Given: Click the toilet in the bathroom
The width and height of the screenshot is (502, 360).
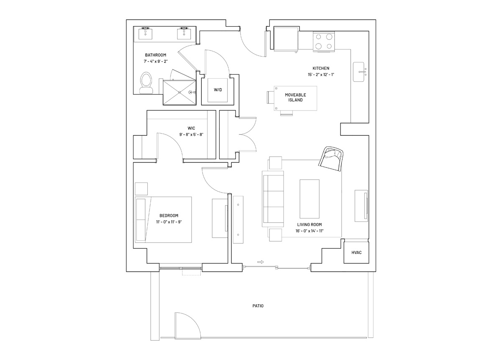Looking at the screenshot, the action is [146, 83].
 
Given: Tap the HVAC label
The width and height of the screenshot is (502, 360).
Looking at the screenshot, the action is [356, 252].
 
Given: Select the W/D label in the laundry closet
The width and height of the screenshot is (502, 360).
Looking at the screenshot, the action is [218, 90].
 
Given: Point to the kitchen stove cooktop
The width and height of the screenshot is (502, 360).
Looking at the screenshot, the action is [324, 41].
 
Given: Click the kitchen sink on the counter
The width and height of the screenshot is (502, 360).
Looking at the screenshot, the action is [360, 72].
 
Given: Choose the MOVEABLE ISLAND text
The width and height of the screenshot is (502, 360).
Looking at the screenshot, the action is [295, 98].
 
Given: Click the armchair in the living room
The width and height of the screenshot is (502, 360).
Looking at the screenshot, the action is [331, 159].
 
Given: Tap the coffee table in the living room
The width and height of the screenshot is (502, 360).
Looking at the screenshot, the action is [310, 199].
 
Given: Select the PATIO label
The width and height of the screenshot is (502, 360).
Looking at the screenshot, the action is [258, 306].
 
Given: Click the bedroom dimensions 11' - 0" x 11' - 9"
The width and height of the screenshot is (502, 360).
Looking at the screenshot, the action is [169, 222].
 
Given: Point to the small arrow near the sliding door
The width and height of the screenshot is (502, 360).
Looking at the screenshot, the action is [260, 262].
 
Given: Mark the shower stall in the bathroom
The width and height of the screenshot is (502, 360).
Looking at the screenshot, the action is [179, 92].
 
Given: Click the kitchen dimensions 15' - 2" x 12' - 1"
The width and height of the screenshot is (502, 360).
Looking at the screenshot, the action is [321, 75].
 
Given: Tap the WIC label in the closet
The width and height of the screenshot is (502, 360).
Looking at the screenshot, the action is [191, 128].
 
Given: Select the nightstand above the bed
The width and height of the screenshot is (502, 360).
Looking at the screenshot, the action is [141, 189].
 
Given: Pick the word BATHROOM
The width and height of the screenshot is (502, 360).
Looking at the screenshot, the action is [156, 55].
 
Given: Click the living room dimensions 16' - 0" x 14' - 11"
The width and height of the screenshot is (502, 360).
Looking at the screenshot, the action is [310, 231].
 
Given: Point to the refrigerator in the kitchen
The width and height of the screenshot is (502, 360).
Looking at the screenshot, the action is [286, 39].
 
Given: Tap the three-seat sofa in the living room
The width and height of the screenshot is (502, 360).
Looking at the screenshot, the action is [273, 199].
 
